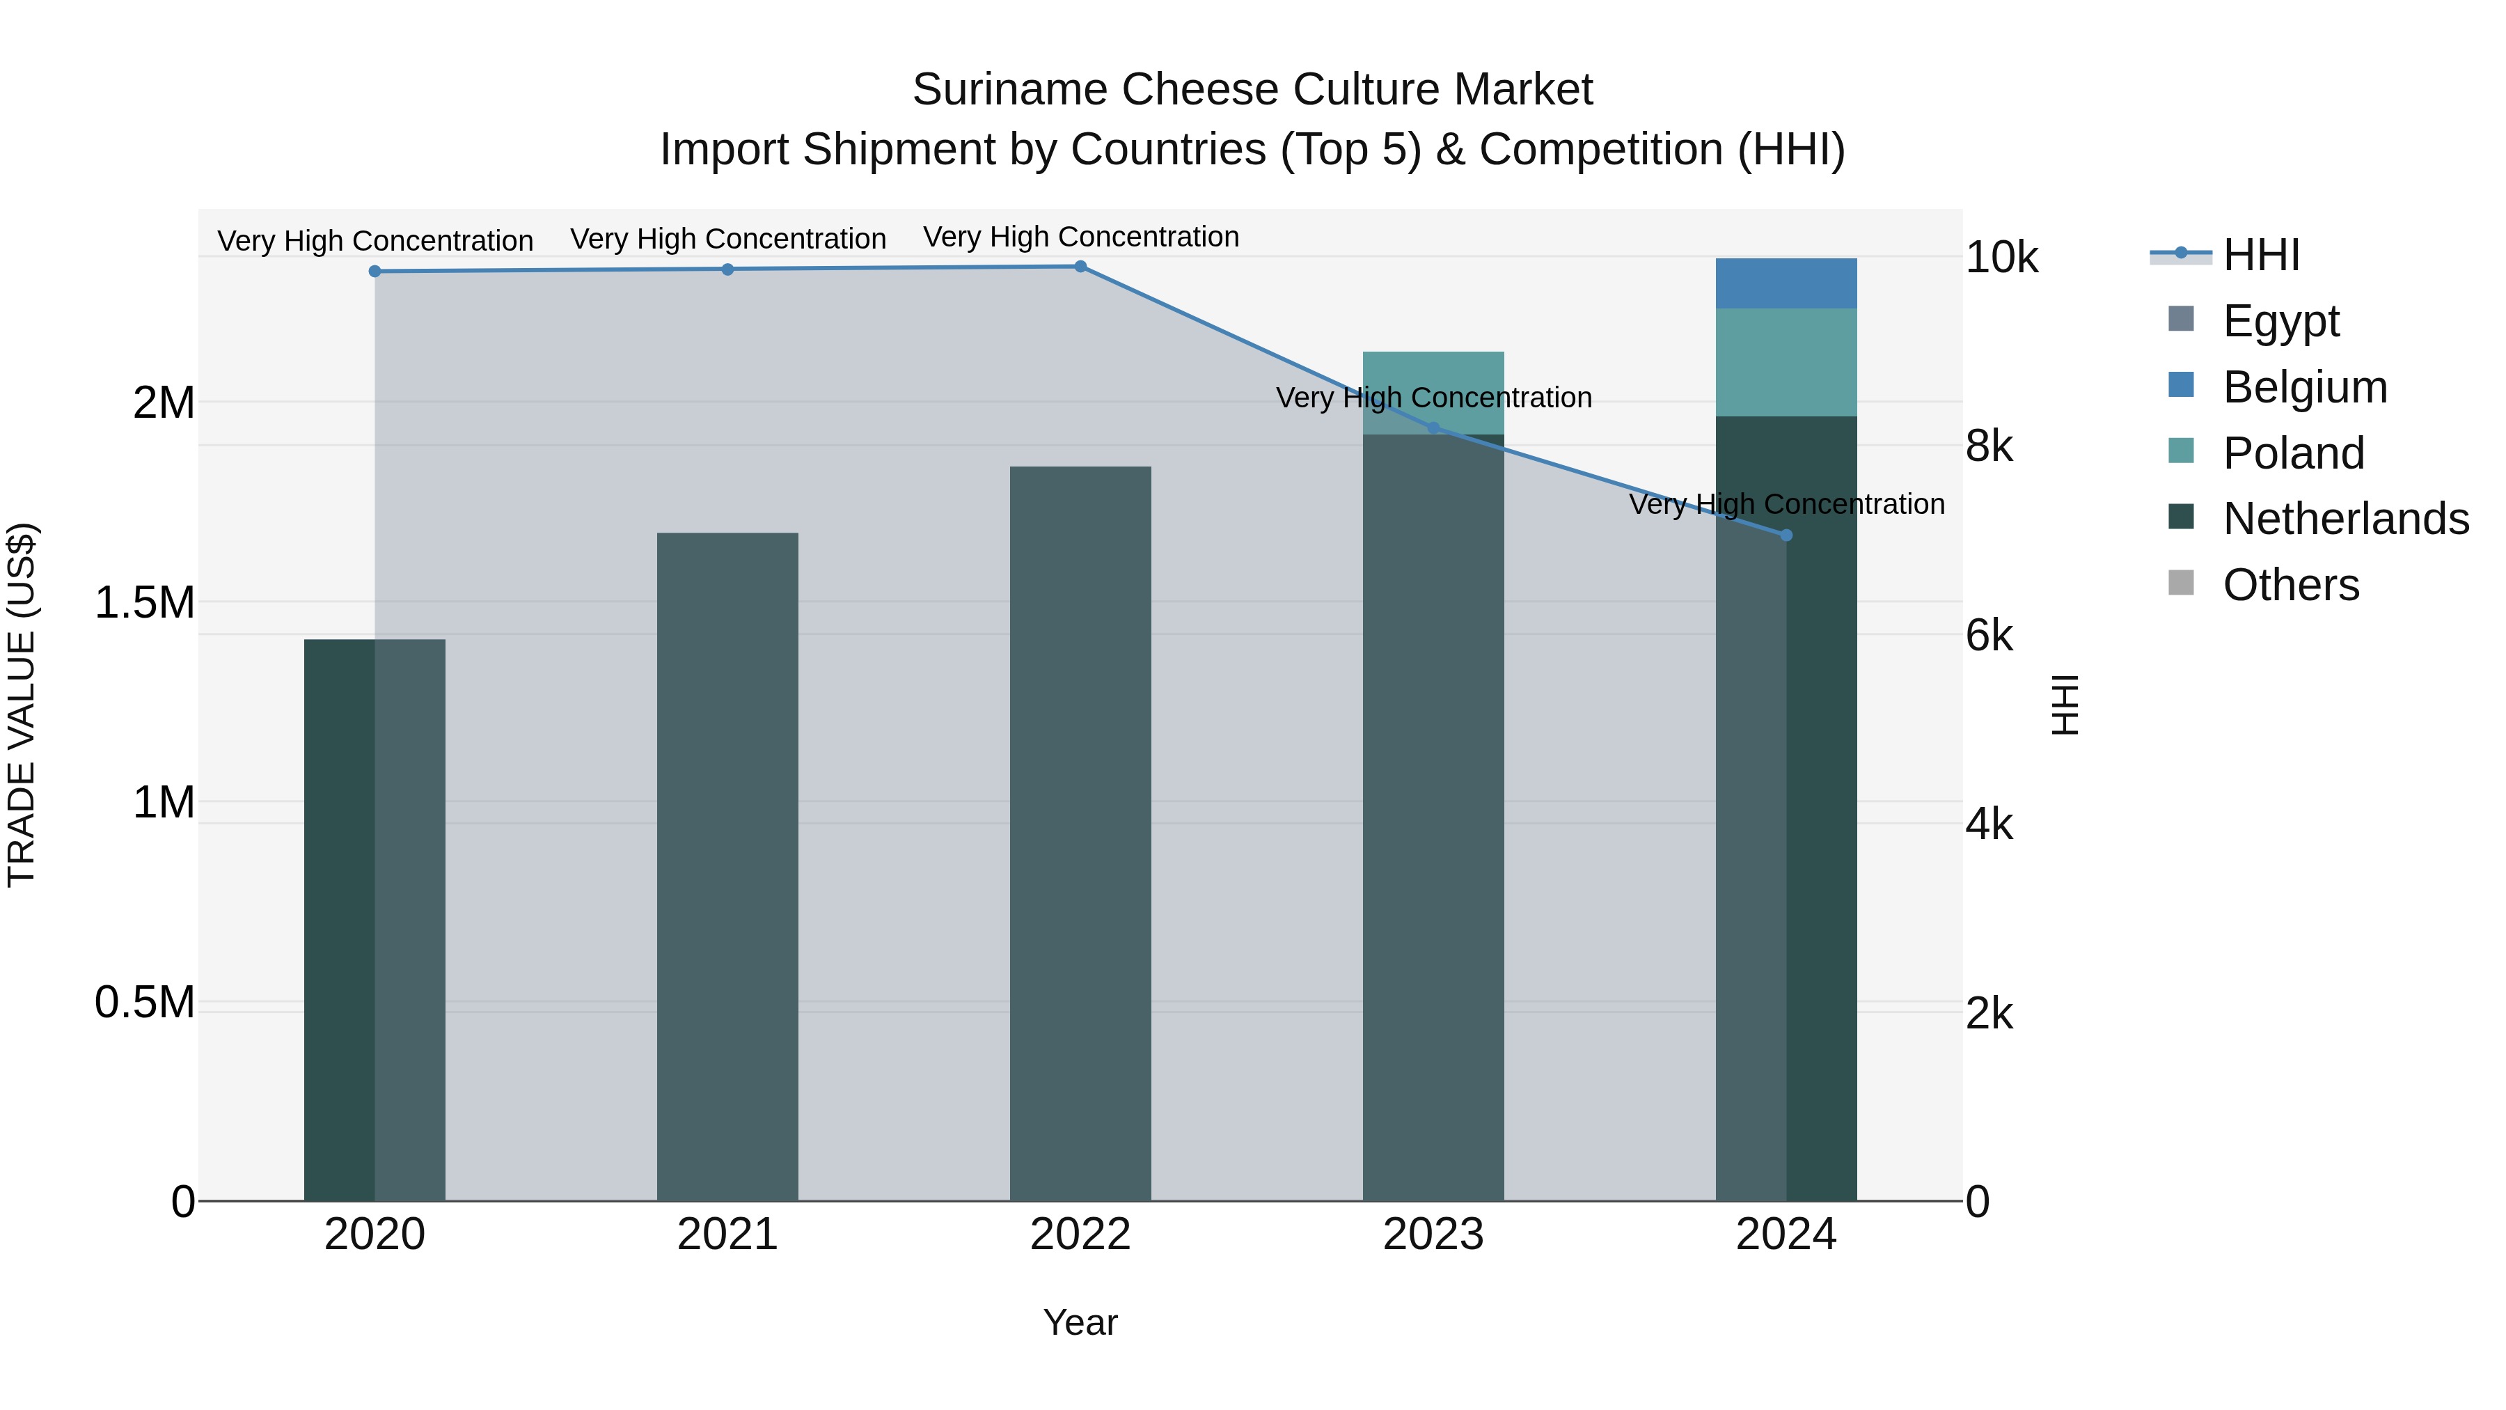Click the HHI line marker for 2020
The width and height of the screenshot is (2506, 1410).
click(x=375, y=272)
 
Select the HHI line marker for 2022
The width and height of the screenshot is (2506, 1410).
click(x=1080, y=267)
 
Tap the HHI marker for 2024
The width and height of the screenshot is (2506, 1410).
click(x=1786, y=535)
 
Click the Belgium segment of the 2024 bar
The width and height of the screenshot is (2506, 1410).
click(x=1786, y=283)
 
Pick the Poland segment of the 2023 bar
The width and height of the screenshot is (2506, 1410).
click(x=1433, y=392)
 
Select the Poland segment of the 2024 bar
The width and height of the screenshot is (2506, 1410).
click(x=1786, y=362)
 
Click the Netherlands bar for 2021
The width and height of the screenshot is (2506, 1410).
click(x=727, y=866)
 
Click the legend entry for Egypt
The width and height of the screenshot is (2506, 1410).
click(x=2280, y=321)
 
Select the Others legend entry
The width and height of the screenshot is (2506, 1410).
click(x=2290, y=585)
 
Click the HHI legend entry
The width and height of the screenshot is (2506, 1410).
click(x=2261, y=255)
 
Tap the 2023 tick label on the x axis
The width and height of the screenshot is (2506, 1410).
click(x=1433, y=1235)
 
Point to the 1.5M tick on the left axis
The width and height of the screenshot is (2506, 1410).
click(x=144, y=602)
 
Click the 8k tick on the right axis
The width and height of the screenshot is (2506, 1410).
click(x=1989, y=446)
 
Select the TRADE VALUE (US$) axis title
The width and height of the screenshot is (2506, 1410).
click(x=22, y=705)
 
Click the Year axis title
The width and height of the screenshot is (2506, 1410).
click(x=1080, y=1322)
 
